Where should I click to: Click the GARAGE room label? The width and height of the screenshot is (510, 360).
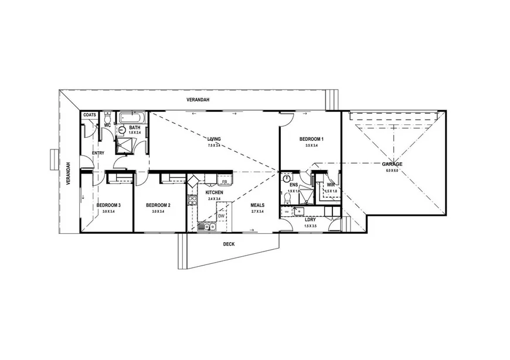click(393, 164)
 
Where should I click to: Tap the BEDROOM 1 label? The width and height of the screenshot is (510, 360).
click(311, 139)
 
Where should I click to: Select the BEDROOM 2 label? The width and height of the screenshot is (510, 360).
click(158, 205)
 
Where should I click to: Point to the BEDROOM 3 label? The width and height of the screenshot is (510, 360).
click(108, 205)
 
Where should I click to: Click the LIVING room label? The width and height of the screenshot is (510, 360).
click(213, 139)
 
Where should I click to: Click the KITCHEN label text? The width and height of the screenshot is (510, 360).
click(213, 192)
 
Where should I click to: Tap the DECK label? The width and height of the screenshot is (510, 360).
click(229, 244)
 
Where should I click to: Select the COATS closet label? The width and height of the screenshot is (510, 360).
click(90, 115)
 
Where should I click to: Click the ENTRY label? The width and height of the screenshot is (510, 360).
click(98, 154)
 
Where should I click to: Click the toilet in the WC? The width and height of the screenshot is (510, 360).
click(107, 116)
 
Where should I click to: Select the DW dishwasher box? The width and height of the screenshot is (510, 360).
click(221, 216)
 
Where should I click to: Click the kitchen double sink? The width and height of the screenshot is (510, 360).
click(206, 226)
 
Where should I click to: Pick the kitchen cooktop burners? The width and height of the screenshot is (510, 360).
click(192, 201)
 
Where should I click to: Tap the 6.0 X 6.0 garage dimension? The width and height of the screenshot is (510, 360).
click(392, 171)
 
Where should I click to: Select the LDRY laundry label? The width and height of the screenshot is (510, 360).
click(311, 219)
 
